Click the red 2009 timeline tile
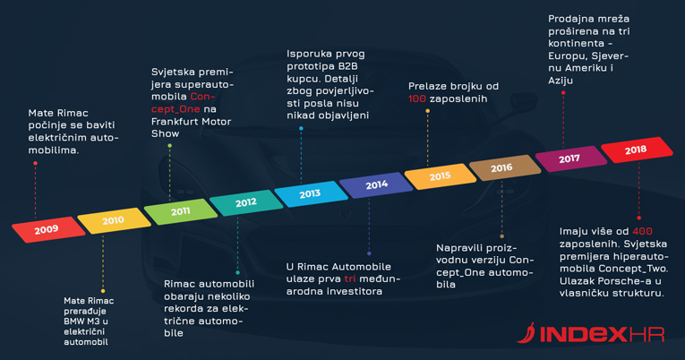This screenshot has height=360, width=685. (x=48, y=229)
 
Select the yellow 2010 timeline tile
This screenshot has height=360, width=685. (x=115, y=220)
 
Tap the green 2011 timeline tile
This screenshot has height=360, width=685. (x=181, y=211)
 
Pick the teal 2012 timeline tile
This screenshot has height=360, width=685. (x=246, y=202)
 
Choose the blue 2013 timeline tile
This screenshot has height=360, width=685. (x=311, y=193)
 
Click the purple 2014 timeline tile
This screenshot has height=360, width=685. (x=376, y=184)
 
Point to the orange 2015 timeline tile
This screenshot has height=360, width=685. (x=441, y=176)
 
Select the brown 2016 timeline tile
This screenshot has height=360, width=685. (x=505, y=167)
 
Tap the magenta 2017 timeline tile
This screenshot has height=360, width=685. (x=571, y=159)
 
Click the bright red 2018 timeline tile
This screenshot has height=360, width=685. (x=637, y=150)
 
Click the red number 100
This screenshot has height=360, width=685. (x=417, y=99)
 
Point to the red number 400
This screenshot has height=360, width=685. (x=642, y=231)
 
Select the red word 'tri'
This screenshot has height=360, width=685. (x=350, y=279)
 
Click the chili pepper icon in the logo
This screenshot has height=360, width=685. (x=527, y=333)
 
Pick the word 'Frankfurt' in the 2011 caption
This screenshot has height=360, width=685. (x=173, y=122)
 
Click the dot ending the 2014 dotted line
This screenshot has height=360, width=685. (x=369, y=253)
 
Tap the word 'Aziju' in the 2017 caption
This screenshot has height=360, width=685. (x=561, y=81)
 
